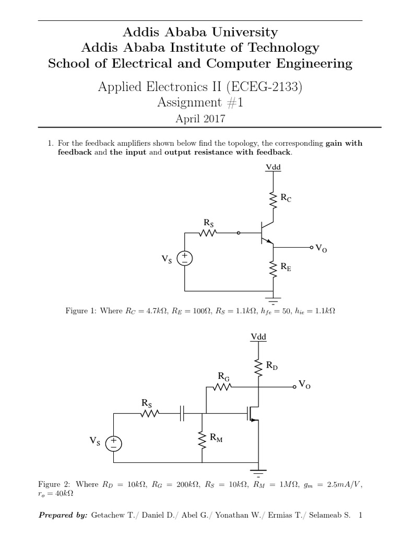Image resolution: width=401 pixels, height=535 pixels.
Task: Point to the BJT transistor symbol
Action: (265, 234)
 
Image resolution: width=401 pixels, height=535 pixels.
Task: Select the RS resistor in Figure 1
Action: (208, 234)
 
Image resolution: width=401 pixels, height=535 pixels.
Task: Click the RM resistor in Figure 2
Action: (202, 438)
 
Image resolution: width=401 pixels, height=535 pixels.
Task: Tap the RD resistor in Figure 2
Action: (258, 367)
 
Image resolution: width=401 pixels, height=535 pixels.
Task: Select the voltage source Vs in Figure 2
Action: (113, 444)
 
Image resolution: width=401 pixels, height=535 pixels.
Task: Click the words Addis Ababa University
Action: (200, 32)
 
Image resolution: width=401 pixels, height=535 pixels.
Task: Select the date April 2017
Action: (200, 119)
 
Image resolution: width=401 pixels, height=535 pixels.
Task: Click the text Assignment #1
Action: (200, 103)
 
